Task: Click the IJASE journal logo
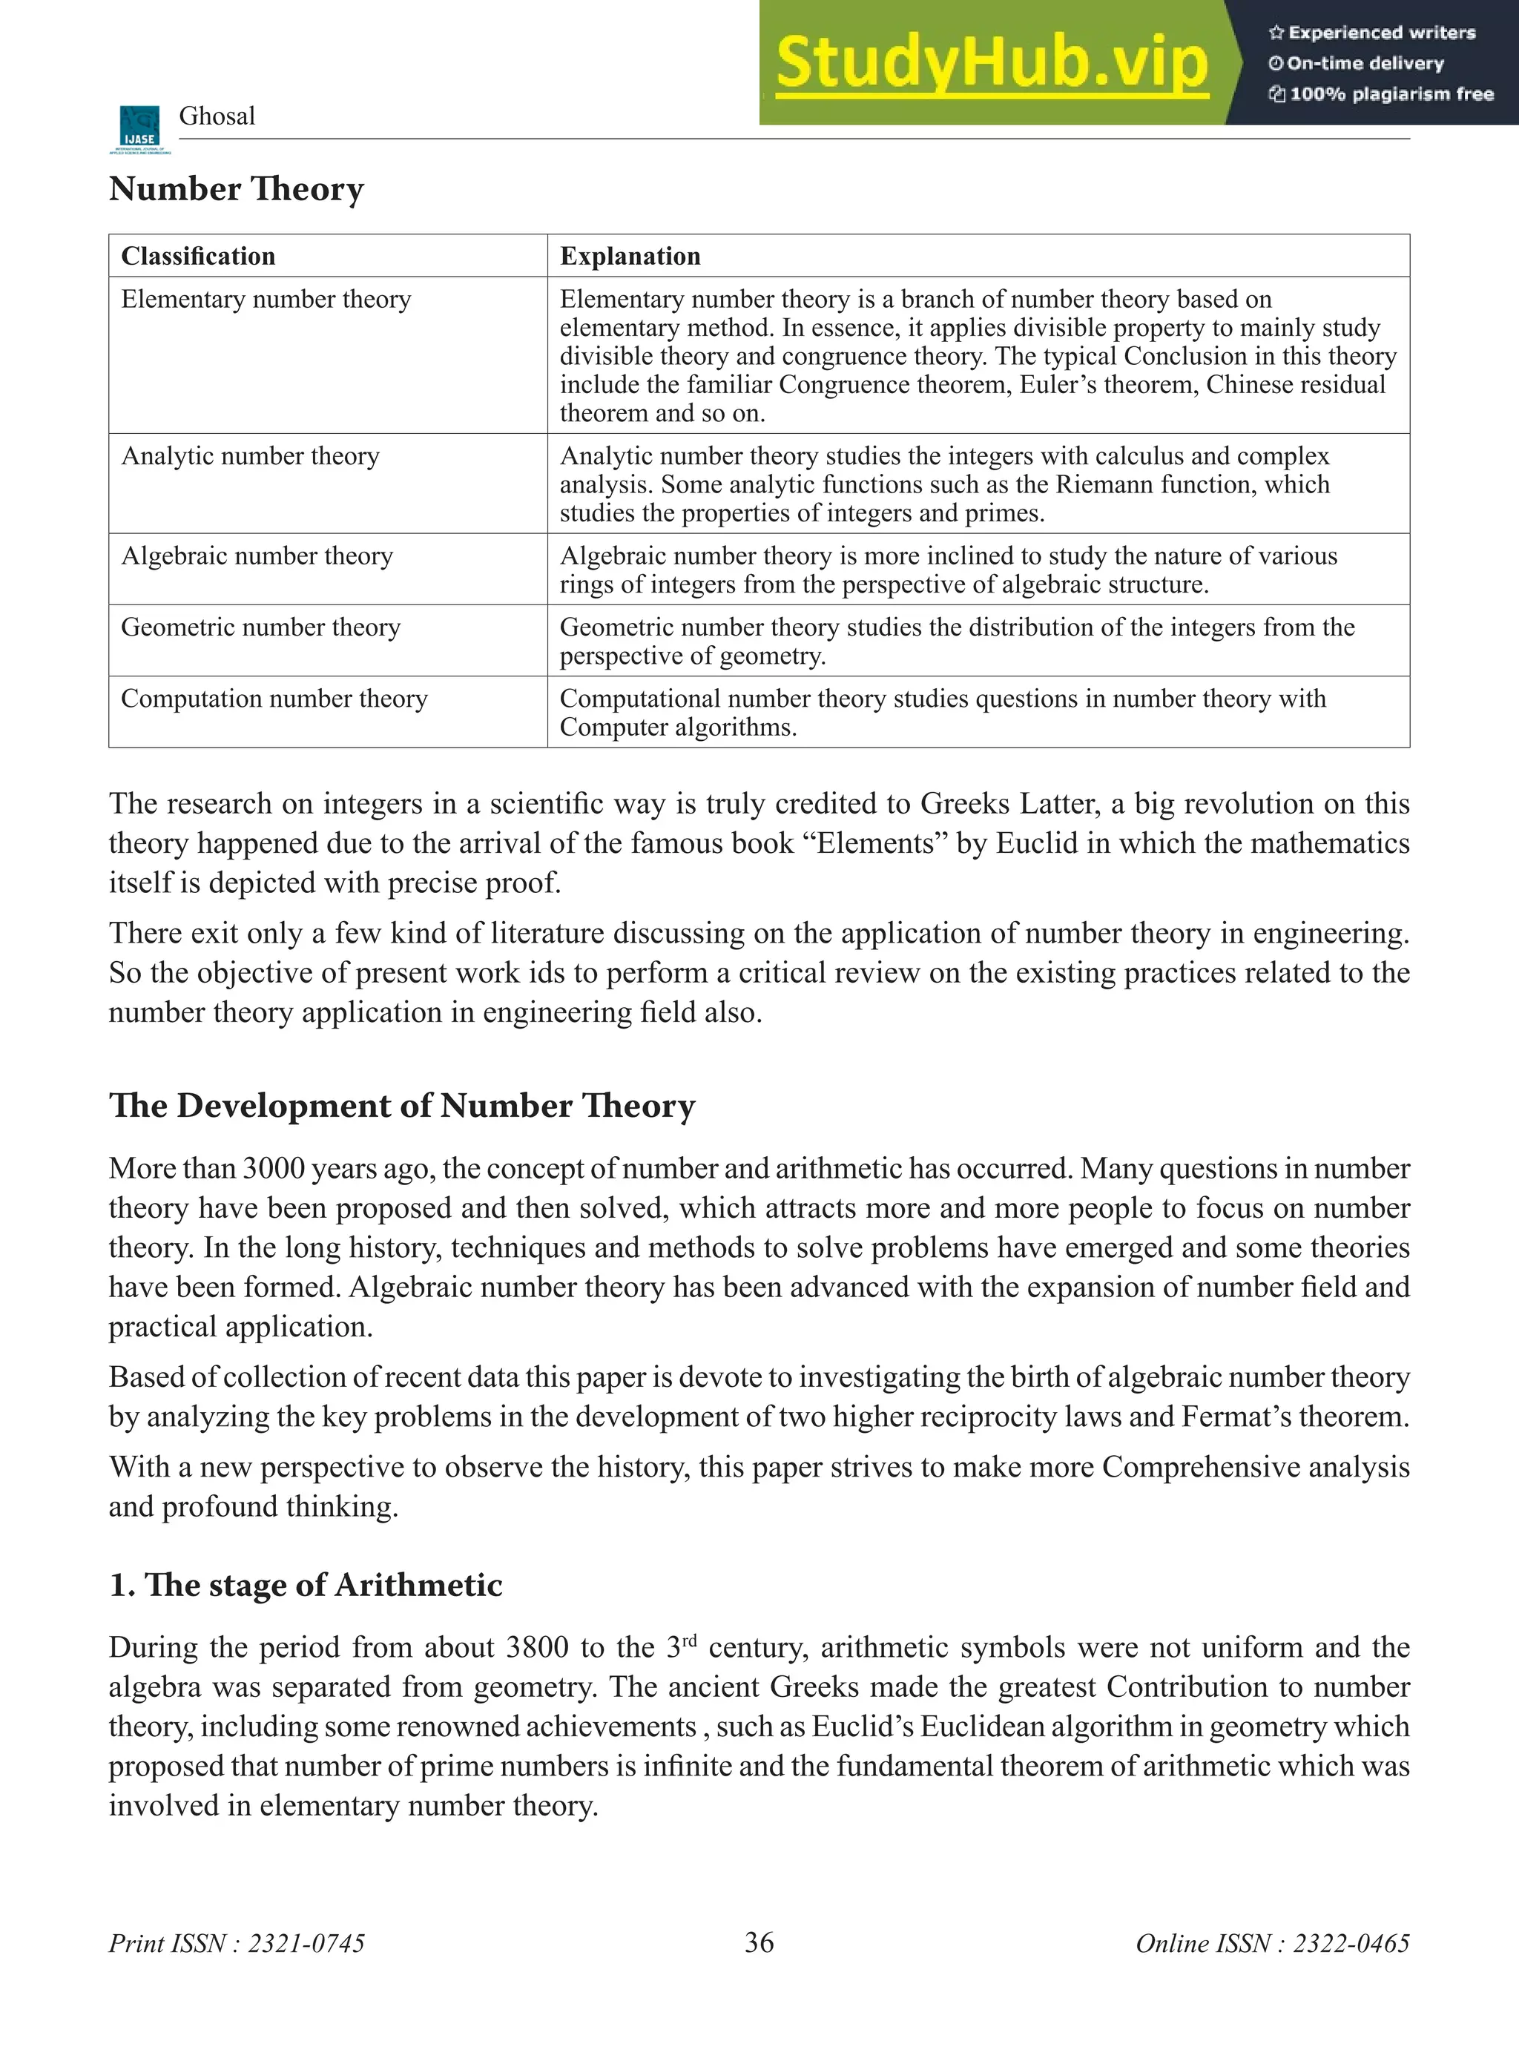139,130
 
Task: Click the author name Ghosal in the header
217,116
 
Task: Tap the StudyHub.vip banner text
991,62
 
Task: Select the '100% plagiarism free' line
1381,93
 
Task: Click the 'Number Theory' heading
237,188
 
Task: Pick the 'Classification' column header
198,256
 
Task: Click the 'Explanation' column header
630,256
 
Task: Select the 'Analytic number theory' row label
250,456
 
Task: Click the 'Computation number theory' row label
274,699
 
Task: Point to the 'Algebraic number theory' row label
257,555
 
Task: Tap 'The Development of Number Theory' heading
402,1105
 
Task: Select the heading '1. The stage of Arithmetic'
306,1584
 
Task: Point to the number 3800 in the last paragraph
537,1647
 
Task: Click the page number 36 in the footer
759,1942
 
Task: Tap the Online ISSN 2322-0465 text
1272,1943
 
